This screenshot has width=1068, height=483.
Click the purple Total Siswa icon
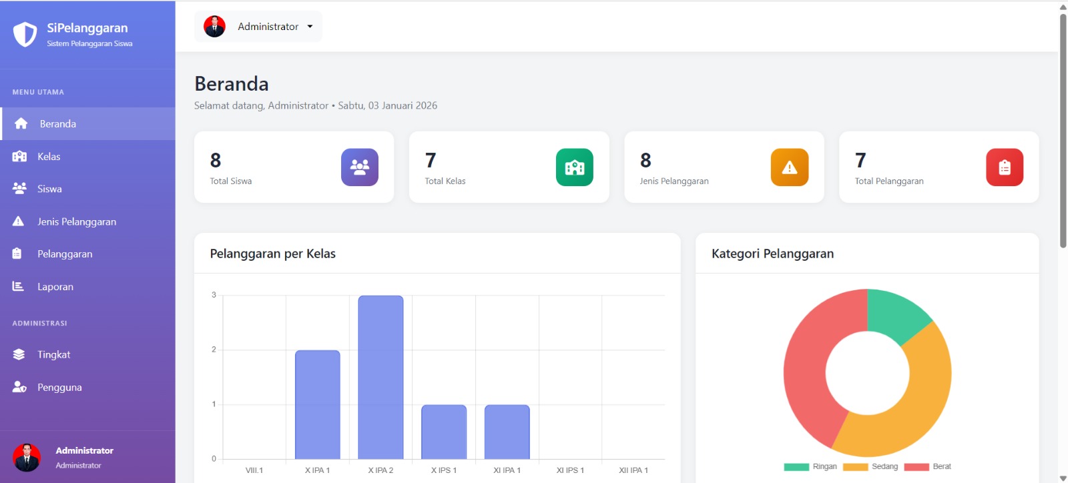click(x=360, y=167)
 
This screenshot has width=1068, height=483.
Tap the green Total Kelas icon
click(x=575, y=167)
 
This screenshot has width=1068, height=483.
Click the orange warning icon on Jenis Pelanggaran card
click(x=790, y=167)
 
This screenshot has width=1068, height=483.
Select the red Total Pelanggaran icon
click(x=1005, y=167)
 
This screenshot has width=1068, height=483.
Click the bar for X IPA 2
click(x=380, y=377)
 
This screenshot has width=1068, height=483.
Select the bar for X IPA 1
click(x=318, y=405)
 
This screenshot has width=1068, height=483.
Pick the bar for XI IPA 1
click(x=507, y=432)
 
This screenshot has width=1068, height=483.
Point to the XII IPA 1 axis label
click(x=633, y=470)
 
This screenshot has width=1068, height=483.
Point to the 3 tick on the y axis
click(x=214, y=295)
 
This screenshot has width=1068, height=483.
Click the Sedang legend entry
click(x=870, y=467)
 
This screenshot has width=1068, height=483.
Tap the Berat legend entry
click(x=927, y=467)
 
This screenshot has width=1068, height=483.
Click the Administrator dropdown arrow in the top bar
click(x=310, y=27)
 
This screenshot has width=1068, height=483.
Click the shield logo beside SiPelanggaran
click(x=25, y=34)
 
